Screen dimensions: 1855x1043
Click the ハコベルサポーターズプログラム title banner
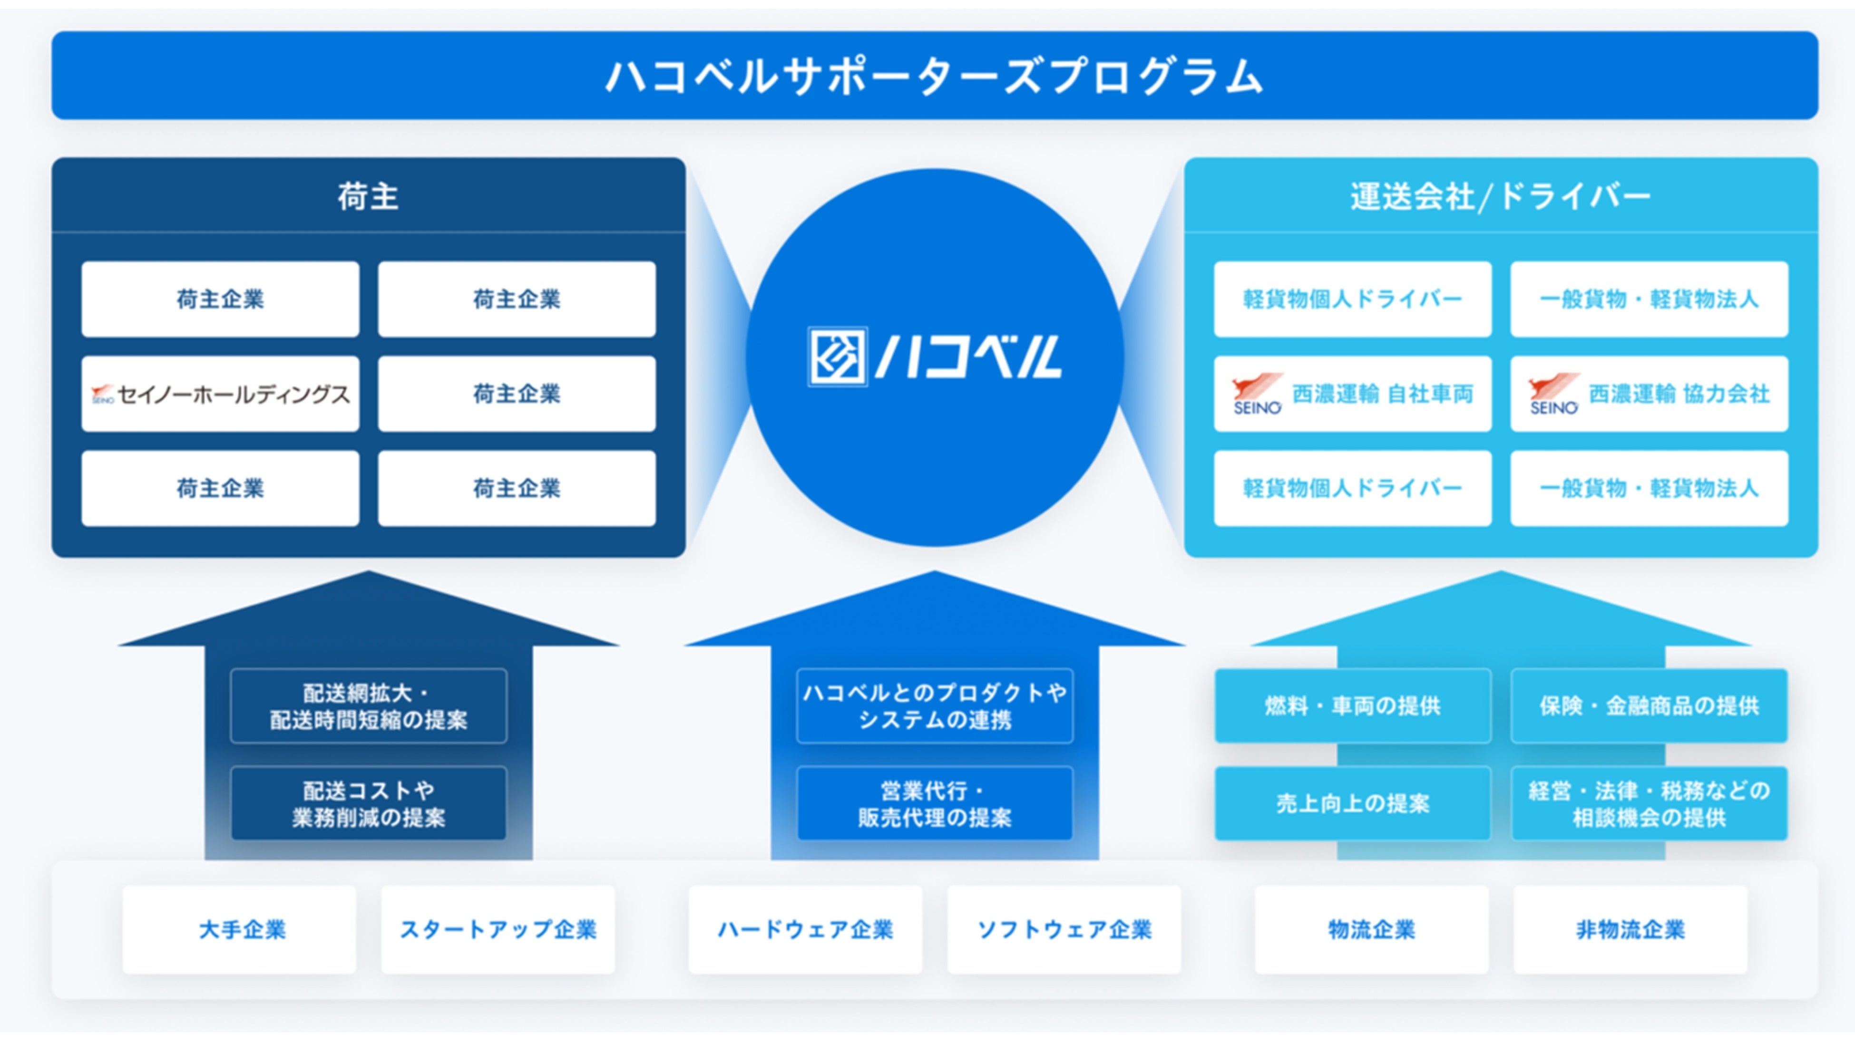click(x=934, y=76)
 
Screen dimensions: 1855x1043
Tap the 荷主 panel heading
click(x=368, y=196)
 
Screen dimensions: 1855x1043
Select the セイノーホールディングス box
click(x=220, y=394)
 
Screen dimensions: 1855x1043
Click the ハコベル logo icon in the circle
click(x=837, y=357)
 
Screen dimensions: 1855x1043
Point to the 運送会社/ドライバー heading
click(x=1500, y=196)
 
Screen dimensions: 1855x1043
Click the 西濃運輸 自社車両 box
click(x=1352, y=394)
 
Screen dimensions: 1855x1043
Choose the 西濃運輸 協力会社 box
click(x=1649, y=394)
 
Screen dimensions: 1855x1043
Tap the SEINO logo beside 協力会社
click(x=1554, y=394)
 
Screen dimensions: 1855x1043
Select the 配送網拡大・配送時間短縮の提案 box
click(x=368, y=706)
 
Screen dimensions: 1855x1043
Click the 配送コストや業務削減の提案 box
click(x=368, y=803)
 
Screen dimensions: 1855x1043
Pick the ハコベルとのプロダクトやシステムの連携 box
click(x=935, y=706)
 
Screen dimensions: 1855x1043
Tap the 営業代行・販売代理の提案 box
click(x=935, y=803)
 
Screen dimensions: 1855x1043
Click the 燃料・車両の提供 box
click(x=1352, y=706)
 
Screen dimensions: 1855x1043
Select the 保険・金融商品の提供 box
click(x=1649, y=706)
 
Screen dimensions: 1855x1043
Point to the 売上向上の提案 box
click(x=1352, y=803)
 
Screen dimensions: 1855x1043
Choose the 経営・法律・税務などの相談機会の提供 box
click(x=1649, y=803)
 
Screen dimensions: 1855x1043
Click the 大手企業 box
click(x=240, y=929)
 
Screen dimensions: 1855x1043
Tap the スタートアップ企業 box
click(x=498, y=929)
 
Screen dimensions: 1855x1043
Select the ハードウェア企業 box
click(x=805, y=929)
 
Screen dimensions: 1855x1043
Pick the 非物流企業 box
click(x=1630, y=929)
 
